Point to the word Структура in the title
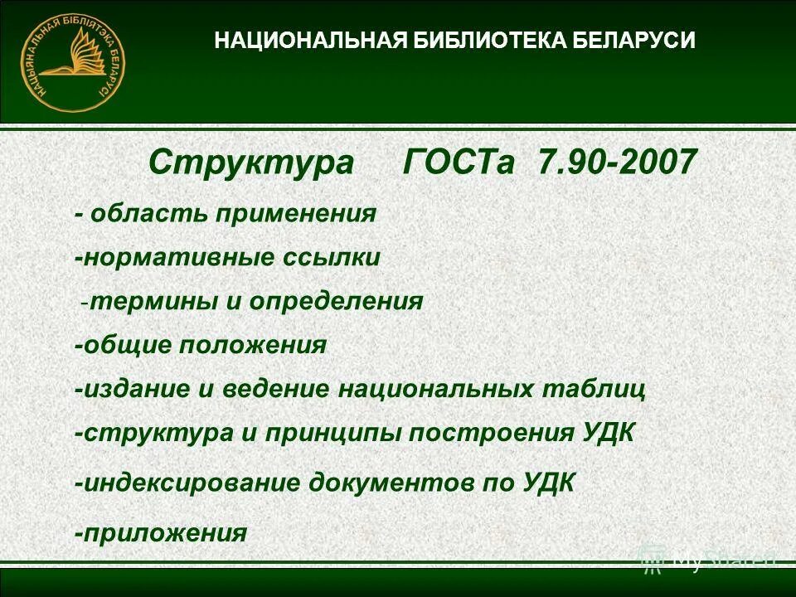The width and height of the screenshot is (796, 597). (x=251, y=163)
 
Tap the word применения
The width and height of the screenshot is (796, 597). (x=297, y=214)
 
